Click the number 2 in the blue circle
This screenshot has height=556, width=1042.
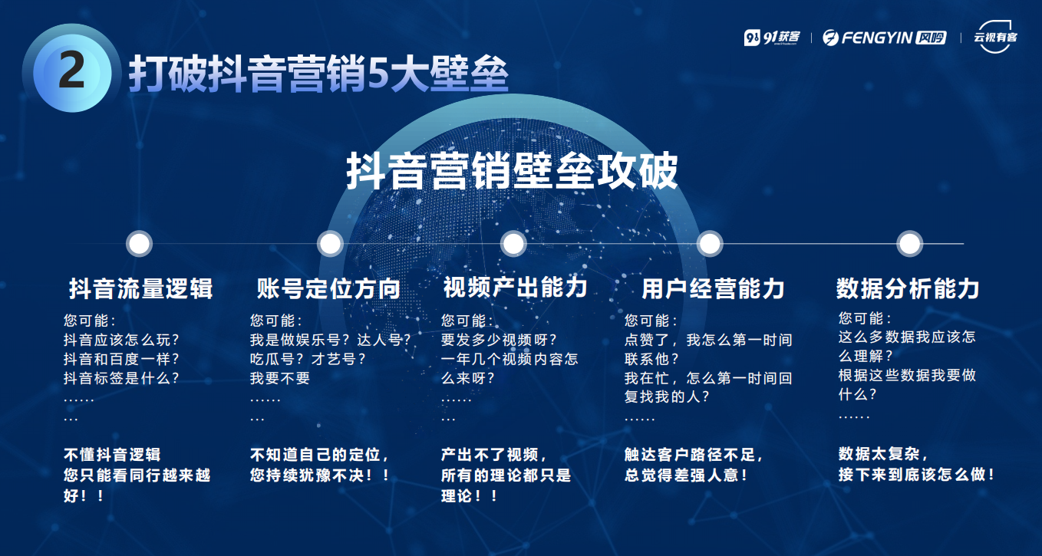(71, 70)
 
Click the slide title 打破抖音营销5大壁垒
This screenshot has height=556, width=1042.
(318, 74)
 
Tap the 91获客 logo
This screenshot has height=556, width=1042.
(772, 37)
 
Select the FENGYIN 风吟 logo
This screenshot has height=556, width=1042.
(884, 37)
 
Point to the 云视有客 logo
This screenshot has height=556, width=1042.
(995, 37)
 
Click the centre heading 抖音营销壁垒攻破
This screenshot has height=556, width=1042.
(512, 171)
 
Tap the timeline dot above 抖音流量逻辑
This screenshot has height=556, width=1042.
(139, 243)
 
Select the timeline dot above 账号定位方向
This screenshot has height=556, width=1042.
(330, 243)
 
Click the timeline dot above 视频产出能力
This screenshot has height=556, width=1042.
(513, 243)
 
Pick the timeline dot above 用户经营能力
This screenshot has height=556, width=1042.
(710, 243)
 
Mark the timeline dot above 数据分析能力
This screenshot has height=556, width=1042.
(910, 243)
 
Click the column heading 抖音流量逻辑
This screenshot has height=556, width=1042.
(141, 288)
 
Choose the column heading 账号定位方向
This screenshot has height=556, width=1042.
(328, 288)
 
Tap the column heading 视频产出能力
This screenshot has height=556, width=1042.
(515, 287)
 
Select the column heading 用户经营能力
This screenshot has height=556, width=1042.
(713, 288)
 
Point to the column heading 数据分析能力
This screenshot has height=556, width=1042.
(908, 288)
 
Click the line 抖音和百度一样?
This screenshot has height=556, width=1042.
(121, 359)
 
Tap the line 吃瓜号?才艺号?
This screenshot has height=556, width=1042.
(308, 359)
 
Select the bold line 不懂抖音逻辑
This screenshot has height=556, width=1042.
(112, 454)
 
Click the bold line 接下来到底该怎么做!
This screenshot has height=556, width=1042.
(916, 474)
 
